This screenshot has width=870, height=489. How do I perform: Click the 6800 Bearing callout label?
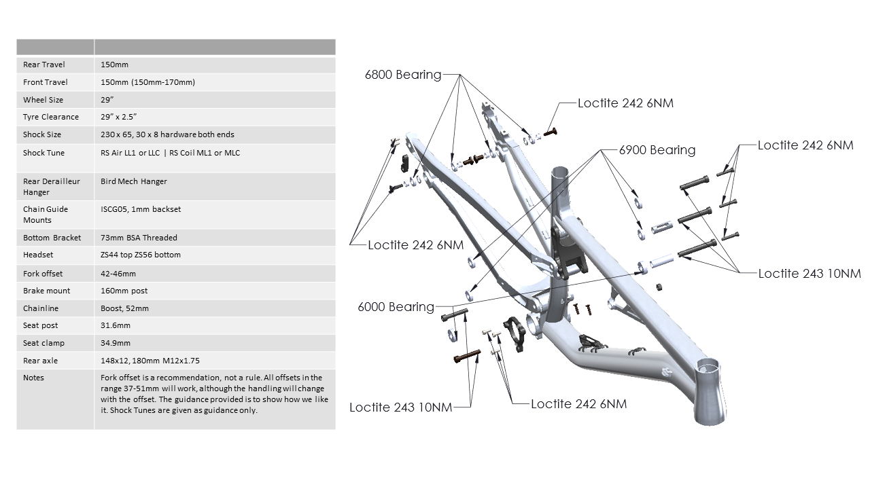[x=403, y=75]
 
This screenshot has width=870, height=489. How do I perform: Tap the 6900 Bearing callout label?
[x=657, y=150]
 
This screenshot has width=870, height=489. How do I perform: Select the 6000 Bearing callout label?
[x=396, y=307]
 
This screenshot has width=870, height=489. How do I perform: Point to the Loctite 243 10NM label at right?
[x=810, y=274]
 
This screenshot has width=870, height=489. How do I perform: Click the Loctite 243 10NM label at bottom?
[x=400, y=407]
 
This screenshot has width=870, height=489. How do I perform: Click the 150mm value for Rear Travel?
[x=114, y=65]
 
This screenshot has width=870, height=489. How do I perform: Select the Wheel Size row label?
[x=43, y=100]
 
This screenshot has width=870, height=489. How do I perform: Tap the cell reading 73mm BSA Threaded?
[x=139, y=238]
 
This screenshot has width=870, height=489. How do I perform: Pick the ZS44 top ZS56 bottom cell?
[x=141, y=255]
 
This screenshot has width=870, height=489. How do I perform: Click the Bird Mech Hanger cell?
[x=134, y=181]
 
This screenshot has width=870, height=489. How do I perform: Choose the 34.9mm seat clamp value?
[x=116, y=343]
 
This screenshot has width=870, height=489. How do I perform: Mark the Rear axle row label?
[x=41, y=361]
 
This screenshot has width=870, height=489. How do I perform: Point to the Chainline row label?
[x=41, y=308]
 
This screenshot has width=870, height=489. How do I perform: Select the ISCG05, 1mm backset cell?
[x=141, y=209]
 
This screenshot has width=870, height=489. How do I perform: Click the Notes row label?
[x=33, y=378]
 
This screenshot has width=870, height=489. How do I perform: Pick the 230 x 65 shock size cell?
[x=167, y=134]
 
